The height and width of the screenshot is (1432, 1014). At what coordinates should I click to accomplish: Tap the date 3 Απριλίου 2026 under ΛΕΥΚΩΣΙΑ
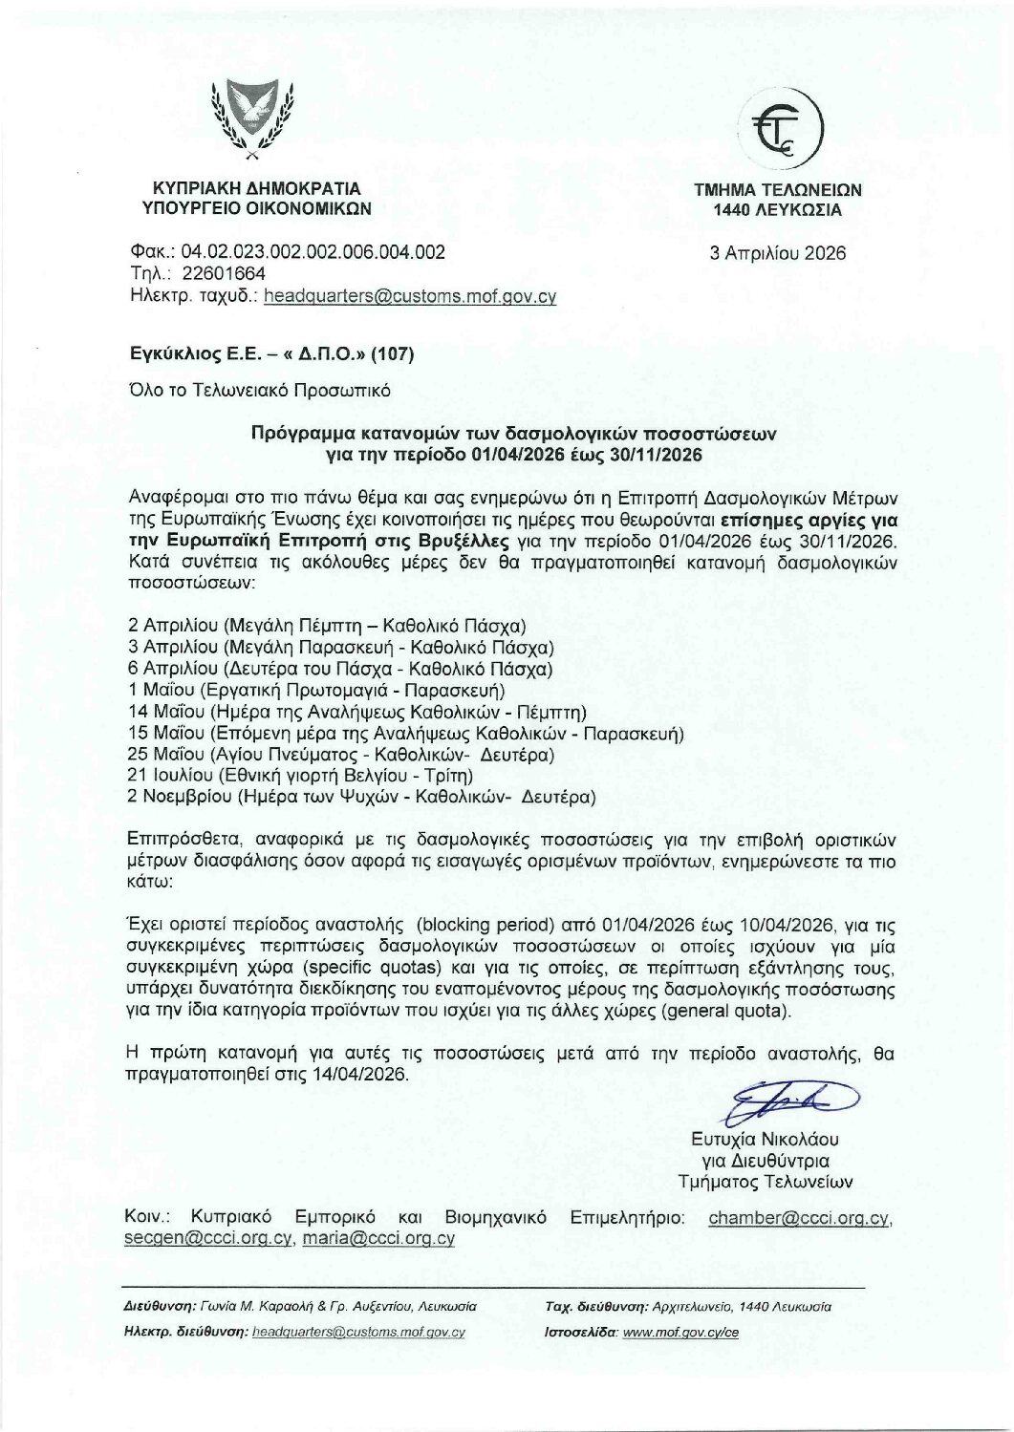pyautogui.click(x=777, y=253)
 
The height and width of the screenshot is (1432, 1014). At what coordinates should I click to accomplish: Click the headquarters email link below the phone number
pyautogui.click(x=410, y=296)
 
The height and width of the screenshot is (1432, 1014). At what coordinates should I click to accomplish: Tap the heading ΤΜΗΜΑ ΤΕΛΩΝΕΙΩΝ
pyautogui.click(x=778, y=190)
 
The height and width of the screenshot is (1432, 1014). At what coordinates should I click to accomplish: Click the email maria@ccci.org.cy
pyautogui.click(x=378, y=1239)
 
